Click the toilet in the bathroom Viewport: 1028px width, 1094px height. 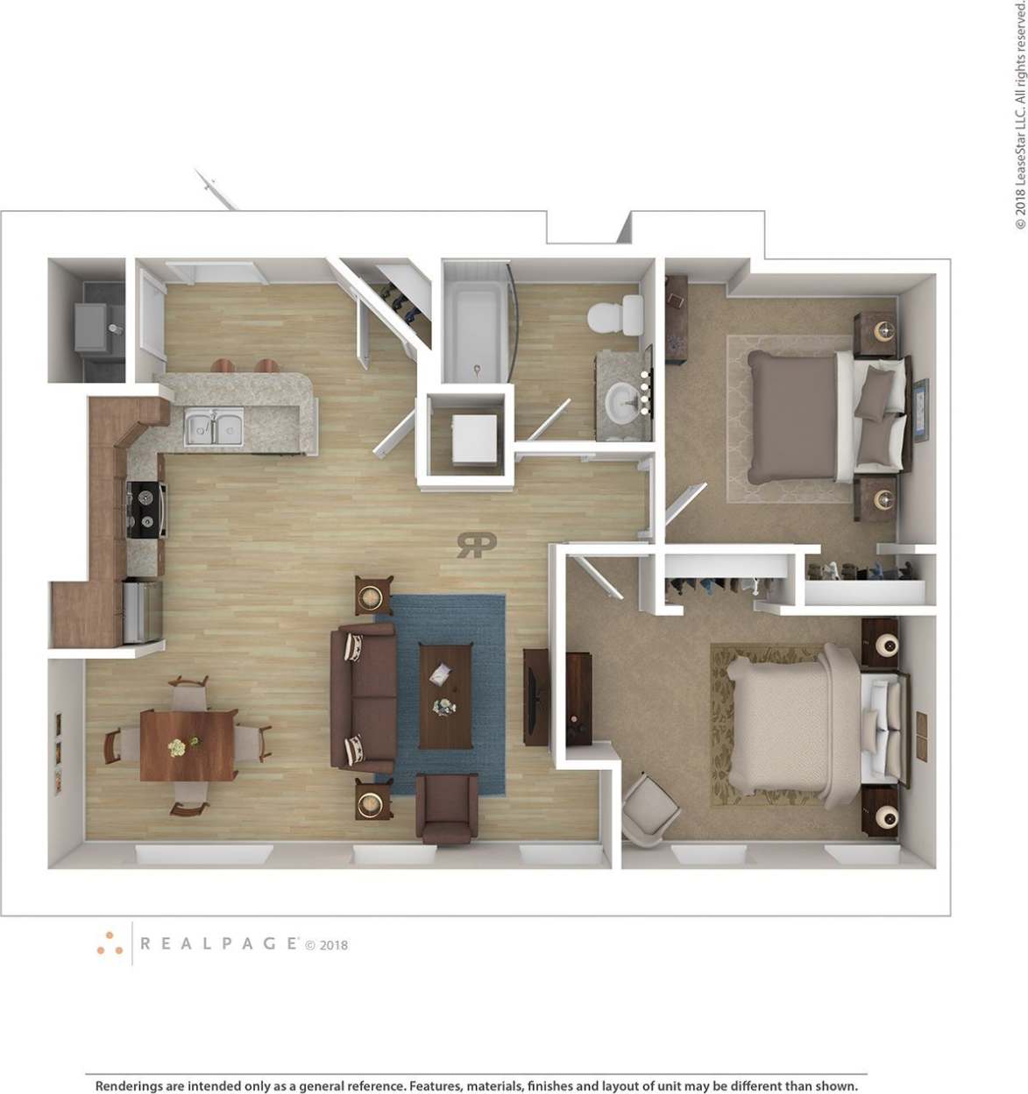(x=615, y=316)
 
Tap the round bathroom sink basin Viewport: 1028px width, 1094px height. (x=624, y=401)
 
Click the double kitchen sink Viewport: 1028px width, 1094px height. (x=214, y=428)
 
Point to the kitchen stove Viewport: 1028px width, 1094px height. (x=146, y=509)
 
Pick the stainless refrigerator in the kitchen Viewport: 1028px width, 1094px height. (x=142, y=611)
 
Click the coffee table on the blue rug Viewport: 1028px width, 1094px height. (x=445, y=695)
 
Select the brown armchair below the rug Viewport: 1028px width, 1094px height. (x=447, y=808)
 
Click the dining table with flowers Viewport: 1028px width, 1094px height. (x=188, y=745)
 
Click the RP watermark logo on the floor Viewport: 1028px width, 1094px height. (x=476, y=545)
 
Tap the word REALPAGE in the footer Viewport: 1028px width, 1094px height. (x=219, y=943)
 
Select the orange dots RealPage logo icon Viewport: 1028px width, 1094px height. (x=110, y=943)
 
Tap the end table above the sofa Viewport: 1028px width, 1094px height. (x=373, y=596)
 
